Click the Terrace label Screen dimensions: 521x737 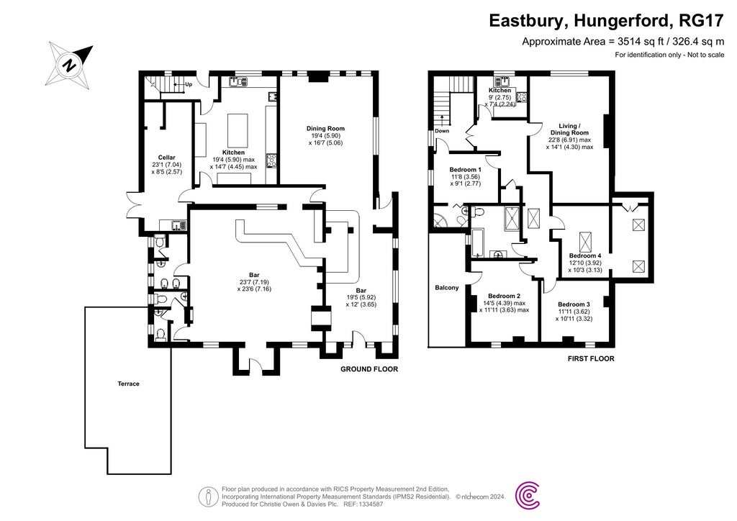(x=129, y=384)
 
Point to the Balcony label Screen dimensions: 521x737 (x=446, y=288)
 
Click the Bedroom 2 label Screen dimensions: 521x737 (x=503, y=296)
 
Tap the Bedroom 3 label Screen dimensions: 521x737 (x=574, y=304)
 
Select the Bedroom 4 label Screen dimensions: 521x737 (x=585, y=255)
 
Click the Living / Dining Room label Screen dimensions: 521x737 (x=569, y=129)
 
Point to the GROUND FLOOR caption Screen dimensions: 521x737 (x=368, y=369)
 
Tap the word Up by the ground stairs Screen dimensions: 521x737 (x=189, y=84)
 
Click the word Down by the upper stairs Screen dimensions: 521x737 (x=441, y=132)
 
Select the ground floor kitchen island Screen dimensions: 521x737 (x=238, y=130)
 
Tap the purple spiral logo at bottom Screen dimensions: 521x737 (x=529, y=494)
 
